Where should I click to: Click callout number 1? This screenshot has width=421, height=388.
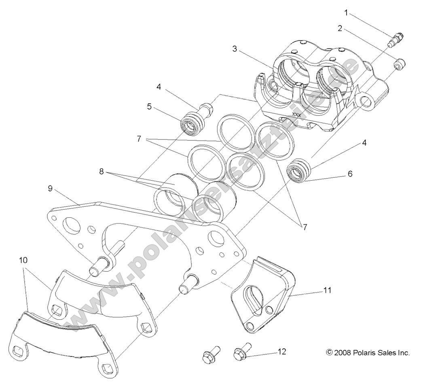346,13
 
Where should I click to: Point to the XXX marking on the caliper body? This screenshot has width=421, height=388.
296,115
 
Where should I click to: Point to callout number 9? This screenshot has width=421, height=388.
50,188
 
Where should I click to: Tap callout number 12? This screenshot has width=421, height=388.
282,351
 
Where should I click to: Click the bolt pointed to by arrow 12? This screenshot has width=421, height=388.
242,353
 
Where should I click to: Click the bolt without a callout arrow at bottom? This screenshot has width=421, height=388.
209,355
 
